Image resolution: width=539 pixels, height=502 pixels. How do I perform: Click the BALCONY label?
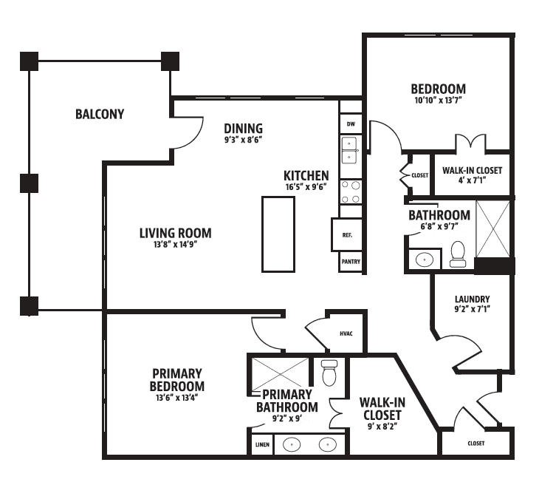coord(100,114)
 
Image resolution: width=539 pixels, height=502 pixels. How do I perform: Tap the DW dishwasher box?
coord(351,123)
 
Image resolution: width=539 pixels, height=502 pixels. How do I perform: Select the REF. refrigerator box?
coord(347,235)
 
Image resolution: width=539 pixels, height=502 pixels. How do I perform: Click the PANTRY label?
coord(351,262)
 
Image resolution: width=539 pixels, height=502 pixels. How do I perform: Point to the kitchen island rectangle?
coord(278,234)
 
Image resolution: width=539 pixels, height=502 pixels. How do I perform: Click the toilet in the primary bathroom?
coord(329,373)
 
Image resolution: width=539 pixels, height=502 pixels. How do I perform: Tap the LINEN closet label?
coord(262,444)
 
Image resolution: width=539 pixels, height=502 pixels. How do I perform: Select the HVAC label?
coord(346,333)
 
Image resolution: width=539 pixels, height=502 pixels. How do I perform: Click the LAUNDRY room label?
coord(473,299)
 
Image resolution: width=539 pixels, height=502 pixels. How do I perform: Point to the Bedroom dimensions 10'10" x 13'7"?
coord(439,101)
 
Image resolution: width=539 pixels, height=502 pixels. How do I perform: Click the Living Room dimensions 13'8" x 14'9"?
coord(175,245)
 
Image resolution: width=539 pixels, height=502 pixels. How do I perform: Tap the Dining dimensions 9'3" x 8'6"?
coord(244,140)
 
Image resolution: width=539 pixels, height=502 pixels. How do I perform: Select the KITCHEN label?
coord(306,176)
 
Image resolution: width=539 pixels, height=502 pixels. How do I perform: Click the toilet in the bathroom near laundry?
coord(458,254)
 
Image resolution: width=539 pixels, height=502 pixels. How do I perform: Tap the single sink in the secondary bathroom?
coord(425,260)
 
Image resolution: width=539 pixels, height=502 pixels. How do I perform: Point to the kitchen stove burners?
coord(351,192)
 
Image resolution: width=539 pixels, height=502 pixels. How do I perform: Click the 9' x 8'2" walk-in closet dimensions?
coord(382,427)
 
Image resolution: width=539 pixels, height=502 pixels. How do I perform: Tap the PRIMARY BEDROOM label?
coord(177,380)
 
